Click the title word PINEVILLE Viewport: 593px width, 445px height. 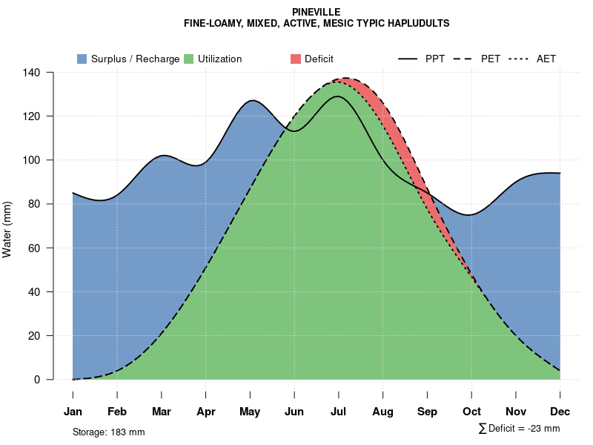(x=317, y=13)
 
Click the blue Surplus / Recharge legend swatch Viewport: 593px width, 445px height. (x=82, y=59)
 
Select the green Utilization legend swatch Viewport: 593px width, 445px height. (x=188, y=59)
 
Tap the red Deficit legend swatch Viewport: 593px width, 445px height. (x=295, y=59)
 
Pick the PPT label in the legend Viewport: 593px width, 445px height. (x=435, y=59)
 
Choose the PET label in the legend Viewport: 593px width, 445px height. (x=491, y=59)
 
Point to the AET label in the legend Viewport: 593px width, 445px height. (x=546, y=59)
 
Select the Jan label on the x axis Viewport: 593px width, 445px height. (x=73, y=412)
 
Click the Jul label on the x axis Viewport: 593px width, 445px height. (x=339, y=412)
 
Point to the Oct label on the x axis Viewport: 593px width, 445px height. (x=471, y=412)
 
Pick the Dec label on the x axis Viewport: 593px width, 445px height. (x=560, y=412)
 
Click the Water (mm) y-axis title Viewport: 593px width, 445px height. (x=7, y=229)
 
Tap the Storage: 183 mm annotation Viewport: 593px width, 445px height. (x=108, y=432)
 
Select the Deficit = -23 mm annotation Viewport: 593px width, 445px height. (x=523, y=429)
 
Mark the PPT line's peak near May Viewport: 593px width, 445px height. (x=252, y=100)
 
